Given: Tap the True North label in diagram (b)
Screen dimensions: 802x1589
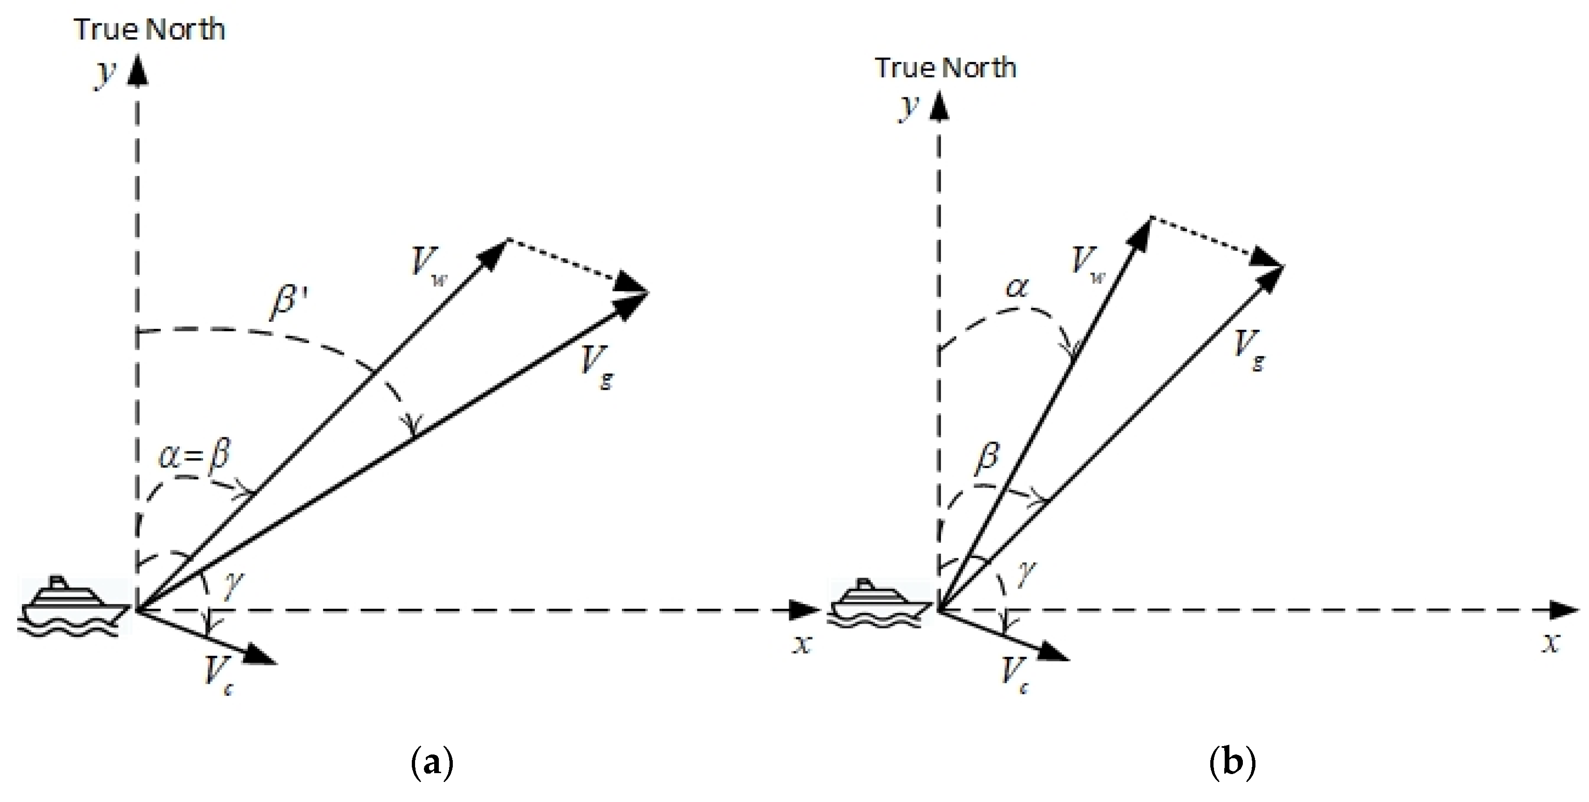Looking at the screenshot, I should tap(946, 68).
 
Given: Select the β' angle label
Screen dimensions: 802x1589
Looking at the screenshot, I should tap(290, 302).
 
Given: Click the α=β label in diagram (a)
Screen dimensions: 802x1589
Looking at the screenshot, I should tap(194, 456).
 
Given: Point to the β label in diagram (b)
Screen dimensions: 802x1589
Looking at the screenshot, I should tap(987, 460).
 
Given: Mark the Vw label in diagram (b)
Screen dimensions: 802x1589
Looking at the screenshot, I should tap(1088, 264).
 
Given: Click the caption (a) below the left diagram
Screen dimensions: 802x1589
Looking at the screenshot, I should tap(431, 764).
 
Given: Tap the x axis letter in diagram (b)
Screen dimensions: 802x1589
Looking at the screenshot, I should tap(1551, 644).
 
